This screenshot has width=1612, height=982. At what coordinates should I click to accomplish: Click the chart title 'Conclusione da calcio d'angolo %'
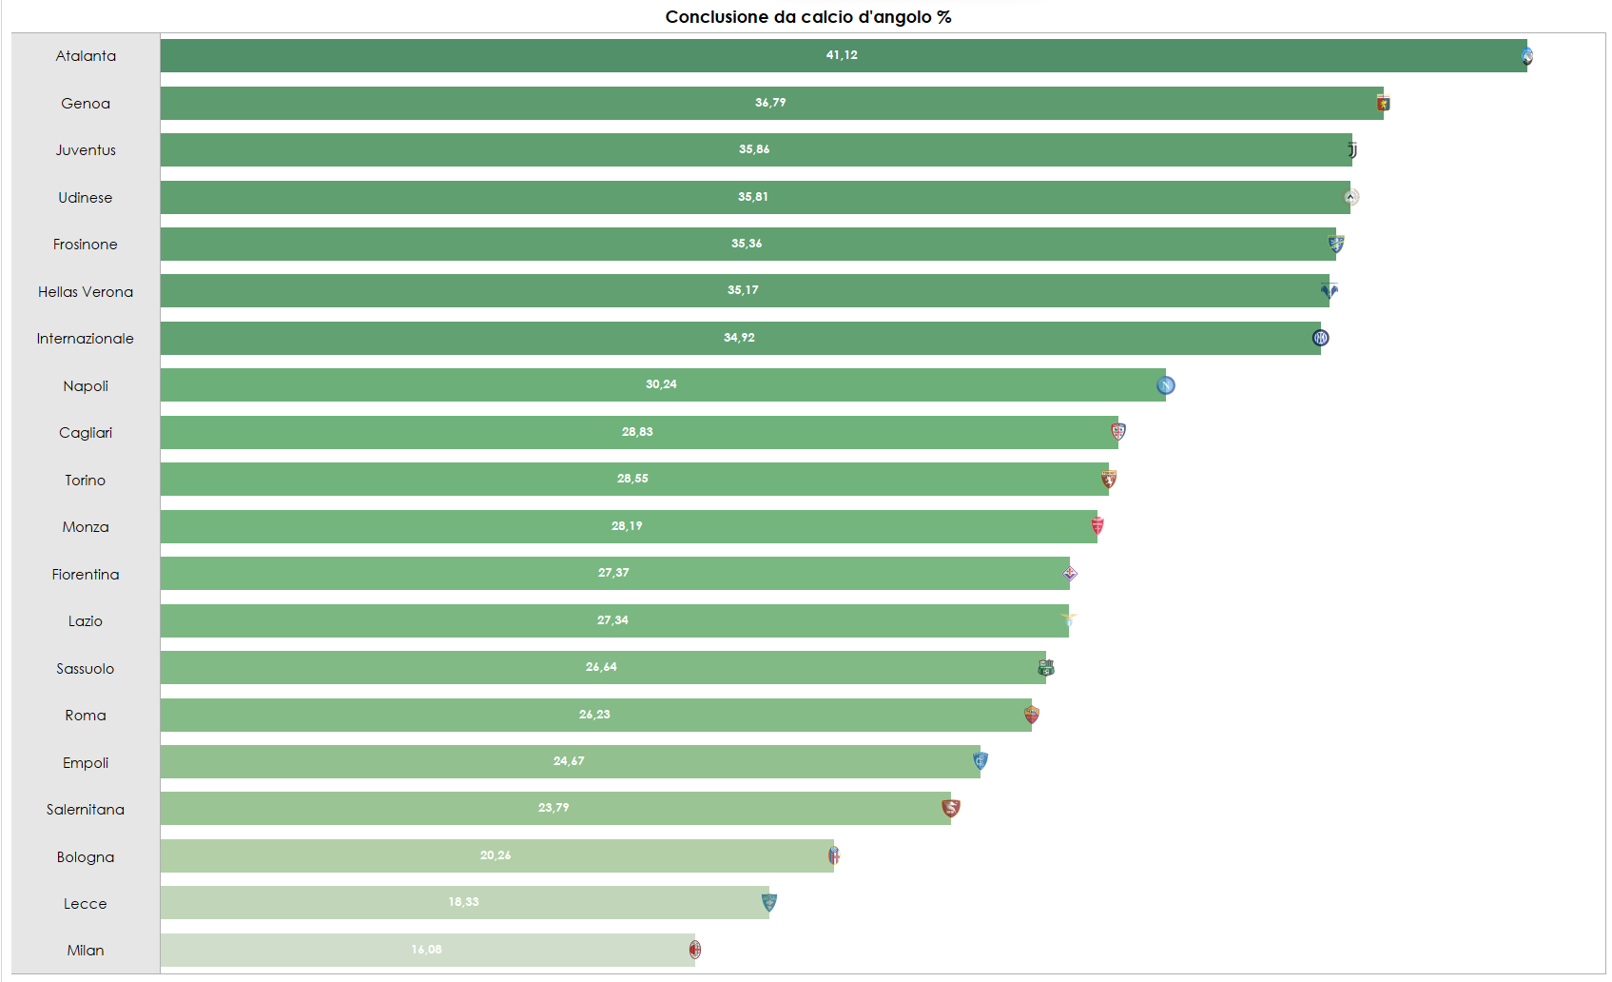[x=807, y=17]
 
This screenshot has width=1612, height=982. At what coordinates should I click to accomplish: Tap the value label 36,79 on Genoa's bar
[x=770, y=103]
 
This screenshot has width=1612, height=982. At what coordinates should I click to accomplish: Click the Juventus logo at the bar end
[x=1352, y=150]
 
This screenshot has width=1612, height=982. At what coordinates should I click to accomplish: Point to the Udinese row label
[x=86, y=198]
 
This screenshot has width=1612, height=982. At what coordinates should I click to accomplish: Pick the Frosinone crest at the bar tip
[x=1336, y=245]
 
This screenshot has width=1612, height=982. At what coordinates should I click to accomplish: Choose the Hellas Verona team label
[x=86, y=292]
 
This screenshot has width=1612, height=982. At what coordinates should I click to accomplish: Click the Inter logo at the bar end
[x=1320, y=338]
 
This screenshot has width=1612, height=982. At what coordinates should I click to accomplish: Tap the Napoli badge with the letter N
[x=1166, y=385]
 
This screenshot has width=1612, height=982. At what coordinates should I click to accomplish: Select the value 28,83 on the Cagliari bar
[x=637, y=432]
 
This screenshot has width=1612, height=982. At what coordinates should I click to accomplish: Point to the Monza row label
[x=86, y=527]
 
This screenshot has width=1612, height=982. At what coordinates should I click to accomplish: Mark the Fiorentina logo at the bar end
[x=1070, y=574]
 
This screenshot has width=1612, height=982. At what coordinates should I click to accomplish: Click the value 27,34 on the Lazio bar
[x=612, y=620]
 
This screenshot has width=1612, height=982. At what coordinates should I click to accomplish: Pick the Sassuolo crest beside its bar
[x=1046, y=668]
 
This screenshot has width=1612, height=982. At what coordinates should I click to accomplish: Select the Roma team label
[x=86, y=716]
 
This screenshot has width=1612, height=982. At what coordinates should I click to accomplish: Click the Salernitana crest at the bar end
[x=951, y=809]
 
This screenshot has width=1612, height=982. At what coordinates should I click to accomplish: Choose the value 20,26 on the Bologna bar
[x=495, y=855]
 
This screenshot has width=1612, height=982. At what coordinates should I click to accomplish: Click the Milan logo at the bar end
[x=695, y=950]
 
